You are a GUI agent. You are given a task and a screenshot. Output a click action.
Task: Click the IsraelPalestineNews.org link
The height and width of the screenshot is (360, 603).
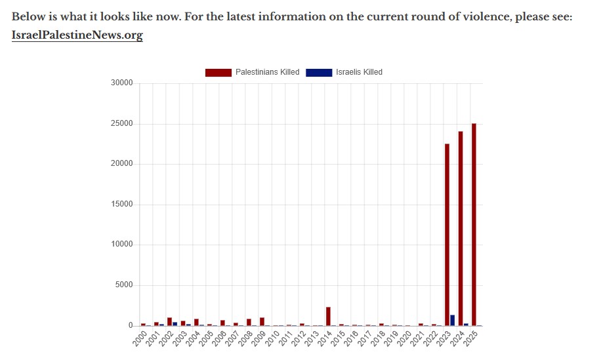click(x=77, y=35)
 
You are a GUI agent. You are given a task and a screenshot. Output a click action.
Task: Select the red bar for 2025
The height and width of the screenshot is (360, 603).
click(x=474, y=224)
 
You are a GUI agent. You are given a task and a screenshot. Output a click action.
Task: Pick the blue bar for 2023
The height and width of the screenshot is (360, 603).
click(x=453, y=320)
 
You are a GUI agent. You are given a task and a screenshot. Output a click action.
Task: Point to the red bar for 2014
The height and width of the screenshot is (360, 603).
click(x=328, y=317)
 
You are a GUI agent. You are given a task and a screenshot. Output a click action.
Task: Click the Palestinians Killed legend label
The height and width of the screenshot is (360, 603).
click(x=267, y=72)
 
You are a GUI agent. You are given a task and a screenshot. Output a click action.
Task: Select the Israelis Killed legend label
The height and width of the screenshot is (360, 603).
click(x=359, y=72)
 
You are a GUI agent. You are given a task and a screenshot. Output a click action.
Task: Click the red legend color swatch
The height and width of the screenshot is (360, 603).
click(x=218, y=72)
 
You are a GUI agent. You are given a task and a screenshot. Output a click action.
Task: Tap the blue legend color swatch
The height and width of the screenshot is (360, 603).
click(x=319, y=72)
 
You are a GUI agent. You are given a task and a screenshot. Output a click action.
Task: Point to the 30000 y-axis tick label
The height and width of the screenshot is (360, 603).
click(x=122, y=83)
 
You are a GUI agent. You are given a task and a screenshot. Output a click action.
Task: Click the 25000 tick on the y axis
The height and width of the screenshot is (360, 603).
click(x=122, y=124)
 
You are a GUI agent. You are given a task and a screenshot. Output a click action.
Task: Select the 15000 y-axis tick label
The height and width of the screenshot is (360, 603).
click(x=122, y=205)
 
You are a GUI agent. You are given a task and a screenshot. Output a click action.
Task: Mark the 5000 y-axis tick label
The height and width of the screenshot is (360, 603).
click(x=124, y=285)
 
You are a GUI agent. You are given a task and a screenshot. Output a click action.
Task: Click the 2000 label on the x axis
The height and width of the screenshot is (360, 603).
click(x=139, y=338)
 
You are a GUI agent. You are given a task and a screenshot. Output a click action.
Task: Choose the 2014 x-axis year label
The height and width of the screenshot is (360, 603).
click(x=325, y=338)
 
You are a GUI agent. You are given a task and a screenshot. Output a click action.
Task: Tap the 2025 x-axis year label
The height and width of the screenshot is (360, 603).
click(x=470, y=338)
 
